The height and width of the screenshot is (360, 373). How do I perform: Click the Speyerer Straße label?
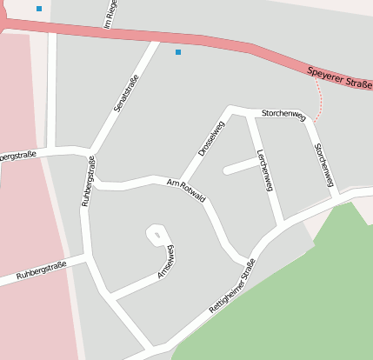click(x=340, y=77)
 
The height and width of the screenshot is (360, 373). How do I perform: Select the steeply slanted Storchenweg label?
click(x=323, y=164)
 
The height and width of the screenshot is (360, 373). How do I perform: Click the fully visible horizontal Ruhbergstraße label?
click(x=41, y=271)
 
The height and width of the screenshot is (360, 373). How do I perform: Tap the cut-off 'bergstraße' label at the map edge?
click(x=17, y=157)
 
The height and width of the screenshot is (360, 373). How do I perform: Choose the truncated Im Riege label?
click(x=110, y=14)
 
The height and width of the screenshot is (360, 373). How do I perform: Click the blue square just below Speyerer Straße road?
click(x=178, y=52)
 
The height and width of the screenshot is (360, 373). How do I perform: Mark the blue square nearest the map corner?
click(x=39, y=9)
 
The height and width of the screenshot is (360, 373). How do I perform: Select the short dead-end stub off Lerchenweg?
click(x=239, y=166)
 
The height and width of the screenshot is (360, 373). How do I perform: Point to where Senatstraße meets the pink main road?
click(x=157, y=39)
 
